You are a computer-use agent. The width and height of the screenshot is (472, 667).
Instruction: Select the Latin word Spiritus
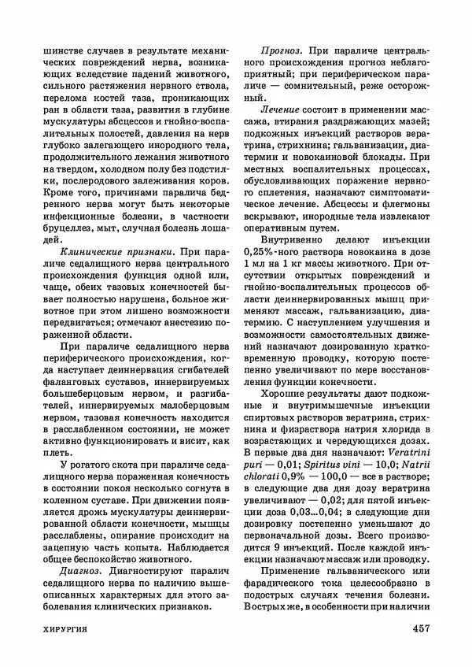[x=319, y=467]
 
